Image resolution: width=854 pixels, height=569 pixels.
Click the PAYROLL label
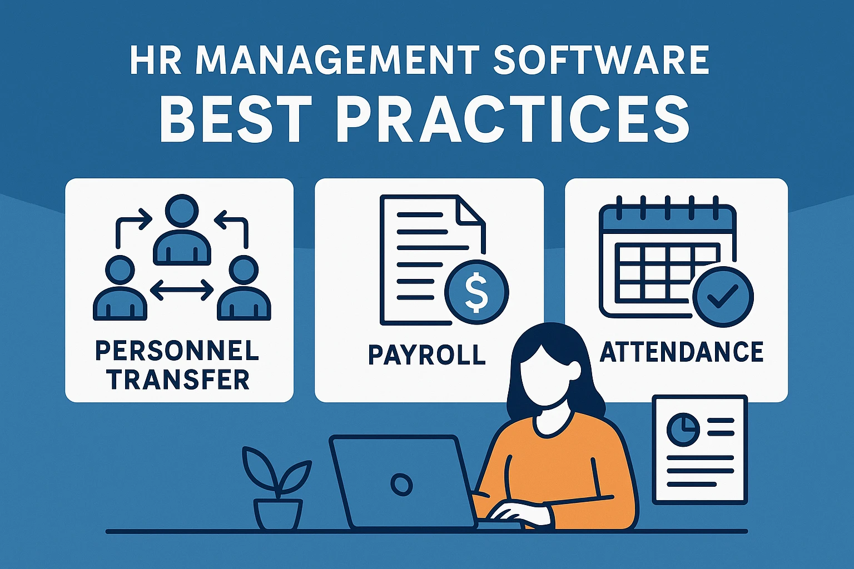(427, 355)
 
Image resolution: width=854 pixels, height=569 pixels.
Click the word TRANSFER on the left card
(179, 379)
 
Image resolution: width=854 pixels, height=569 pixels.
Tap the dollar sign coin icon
(476, 292)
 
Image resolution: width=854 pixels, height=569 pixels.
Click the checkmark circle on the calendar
(723, 297)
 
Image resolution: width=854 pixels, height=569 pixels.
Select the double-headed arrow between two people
(182, 291)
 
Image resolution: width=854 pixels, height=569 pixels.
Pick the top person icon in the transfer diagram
(182, 229)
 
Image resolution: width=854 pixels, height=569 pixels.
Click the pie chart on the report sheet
(683, 430)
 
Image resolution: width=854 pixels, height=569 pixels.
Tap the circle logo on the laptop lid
(401, 485)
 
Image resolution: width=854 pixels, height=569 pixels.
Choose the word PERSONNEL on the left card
(177, 351)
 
